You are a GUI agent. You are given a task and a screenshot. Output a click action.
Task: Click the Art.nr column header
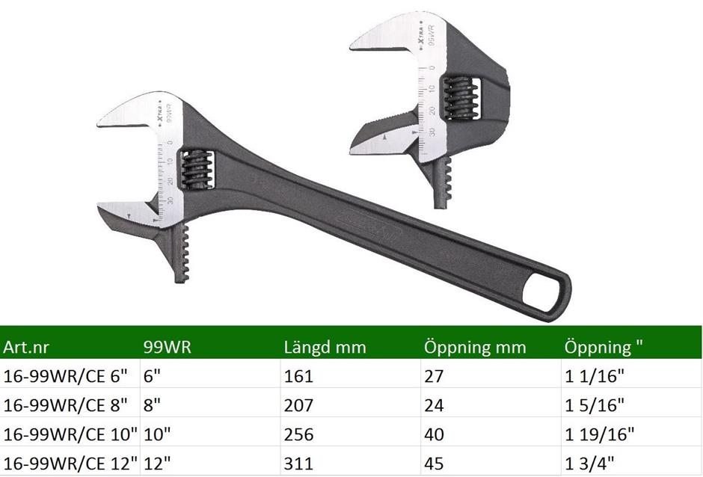click(25, 348)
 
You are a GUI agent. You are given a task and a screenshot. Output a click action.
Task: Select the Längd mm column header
click(325, 348)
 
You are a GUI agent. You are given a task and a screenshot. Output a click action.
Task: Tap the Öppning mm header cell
click(475, 347)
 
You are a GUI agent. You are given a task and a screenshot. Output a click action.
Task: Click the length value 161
click(298, 375)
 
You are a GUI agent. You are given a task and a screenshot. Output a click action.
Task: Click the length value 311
click(298, 463)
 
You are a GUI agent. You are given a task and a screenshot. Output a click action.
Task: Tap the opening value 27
click(434, 375)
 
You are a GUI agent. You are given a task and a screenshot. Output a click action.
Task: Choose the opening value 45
click(434, 463)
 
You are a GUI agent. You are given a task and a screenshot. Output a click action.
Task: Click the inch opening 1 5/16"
click(594, 405)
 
